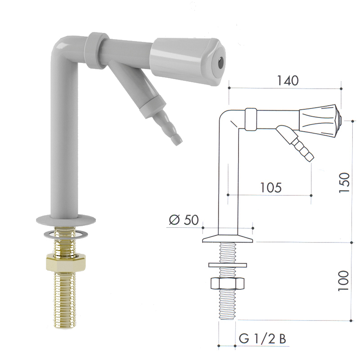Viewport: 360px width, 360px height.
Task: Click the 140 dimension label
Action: tap(288, 81)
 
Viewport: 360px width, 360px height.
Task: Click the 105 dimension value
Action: tap(271, 188)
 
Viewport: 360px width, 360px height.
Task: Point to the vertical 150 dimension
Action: tap(344, 183)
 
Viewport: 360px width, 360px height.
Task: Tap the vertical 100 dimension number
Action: tap(343, 281)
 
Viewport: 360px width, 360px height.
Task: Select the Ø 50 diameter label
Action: tap(184, 220)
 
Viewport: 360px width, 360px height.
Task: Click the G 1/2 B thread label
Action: tap(262, 339)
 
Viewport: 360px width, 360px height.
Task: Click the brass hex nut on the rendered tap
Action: tap(66, 263)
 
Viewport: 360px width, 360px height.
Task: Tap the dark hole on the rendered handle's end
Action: tap(220, 62)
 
